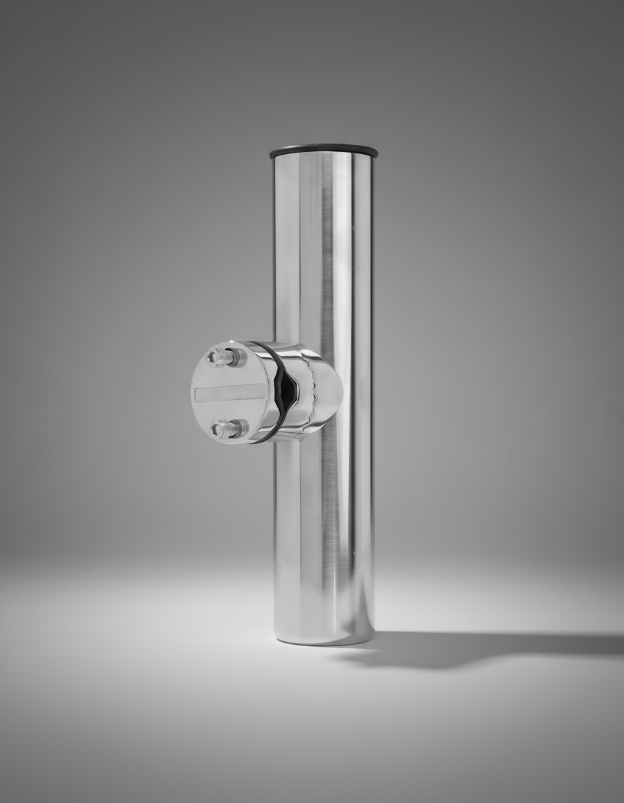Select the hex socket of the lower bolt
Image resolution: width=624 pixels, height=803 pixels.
tap(215, 429)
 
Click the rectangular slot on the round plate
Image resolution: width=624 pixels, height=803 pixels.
tap(229, 393)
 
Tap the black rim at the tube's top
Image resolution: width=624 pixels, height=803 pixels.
tap(323, 151)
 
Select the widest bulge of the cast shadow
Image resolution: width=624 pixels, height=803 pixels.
tap(446, 650)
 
